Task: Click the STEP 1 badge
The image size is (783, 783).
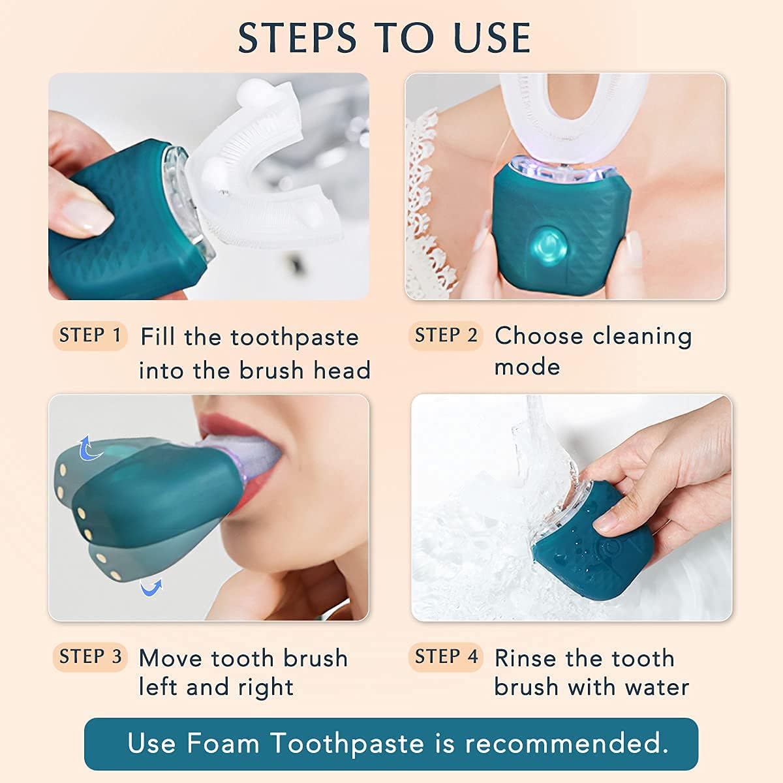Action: tap(89, 336)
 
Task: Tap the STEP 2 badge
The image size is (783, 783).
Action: tap(446, 336)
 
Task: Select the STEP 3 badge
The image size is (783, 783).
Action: tap(90, 656)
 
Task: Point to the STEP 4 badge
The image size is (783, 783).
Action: tap(446, 656)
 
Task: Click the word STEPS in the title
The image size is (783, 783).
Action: tap(297, 38)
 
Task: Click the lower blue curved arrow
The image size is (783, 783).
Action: tap(151, 589)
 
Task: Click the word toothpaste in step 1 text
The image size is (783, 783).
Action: tap(294, 338)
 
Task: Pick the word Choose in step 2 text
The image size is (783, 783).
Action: tap(539, 336)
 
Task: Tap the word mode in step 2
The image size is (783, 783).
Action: tap(527, 367)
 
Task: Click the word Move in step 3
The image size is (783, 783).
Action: tap(171, 658)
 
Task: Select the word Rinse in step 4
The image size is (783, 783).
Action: tap(526, 658)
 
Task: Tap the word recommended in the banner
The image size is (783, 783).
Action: tap(566, 744)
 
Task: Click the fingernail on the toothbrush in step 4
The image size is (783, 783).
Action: tap(607, 520)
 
